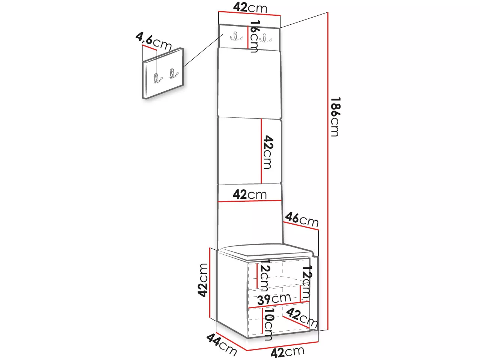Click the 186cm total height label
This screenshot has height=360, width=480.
(x=335, y=117)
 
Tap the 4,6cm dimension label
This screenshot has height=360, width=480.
(x=153, y=41)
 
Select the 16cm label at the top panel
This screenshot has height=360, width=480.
(x=254, y=36)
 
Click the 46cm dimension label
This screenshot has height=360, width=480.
(x=302, y=219)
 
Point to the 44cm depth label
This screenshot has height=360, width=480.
(x=222, y=345)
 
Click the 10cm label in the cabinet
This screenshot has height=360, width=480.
(x=269, y=324)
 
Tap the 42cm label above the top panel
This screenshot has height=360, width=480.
(x=250, y=7)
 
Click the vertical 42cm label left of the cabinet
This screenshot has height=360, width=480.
(x=203, y=280)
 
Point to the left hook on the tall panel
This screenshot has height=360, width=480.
(x=236, y=36)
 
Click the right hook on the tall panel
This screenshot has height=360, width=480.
(x=265, y=37)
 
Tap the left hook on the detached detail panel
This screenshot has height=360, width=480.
(x=157, y=78)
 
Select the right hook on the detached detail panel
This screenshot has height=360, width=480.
(x=174, y=73)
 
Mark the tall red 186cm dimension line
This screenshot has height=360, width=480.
(x=328, y=171)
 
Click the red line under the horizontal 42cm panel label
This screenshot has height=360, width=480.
(x=250, y=201)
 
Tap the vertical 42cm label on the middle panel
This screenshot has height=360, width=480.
(x=268, y=152)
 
